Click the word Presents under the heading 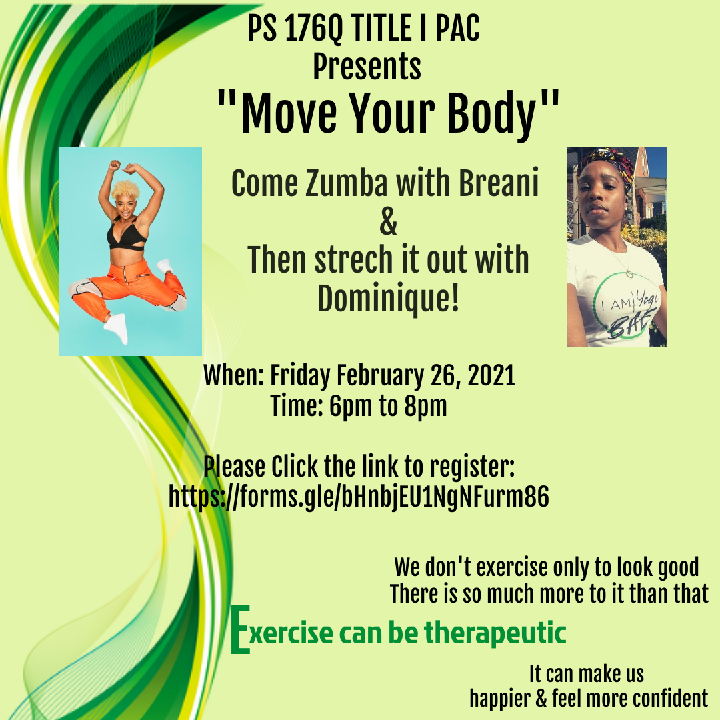[x=367, y=66]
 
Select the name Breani [x=499, y=183]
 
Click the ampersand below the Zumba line [x=389, y=221]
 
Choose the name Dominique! [x=389, y=299]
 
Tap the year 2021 [x=491, y=375]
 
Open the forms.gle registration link [x=359, y=497]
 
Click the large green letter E [x=240, y=629]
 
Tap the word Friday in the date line [x=300, y=375]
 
